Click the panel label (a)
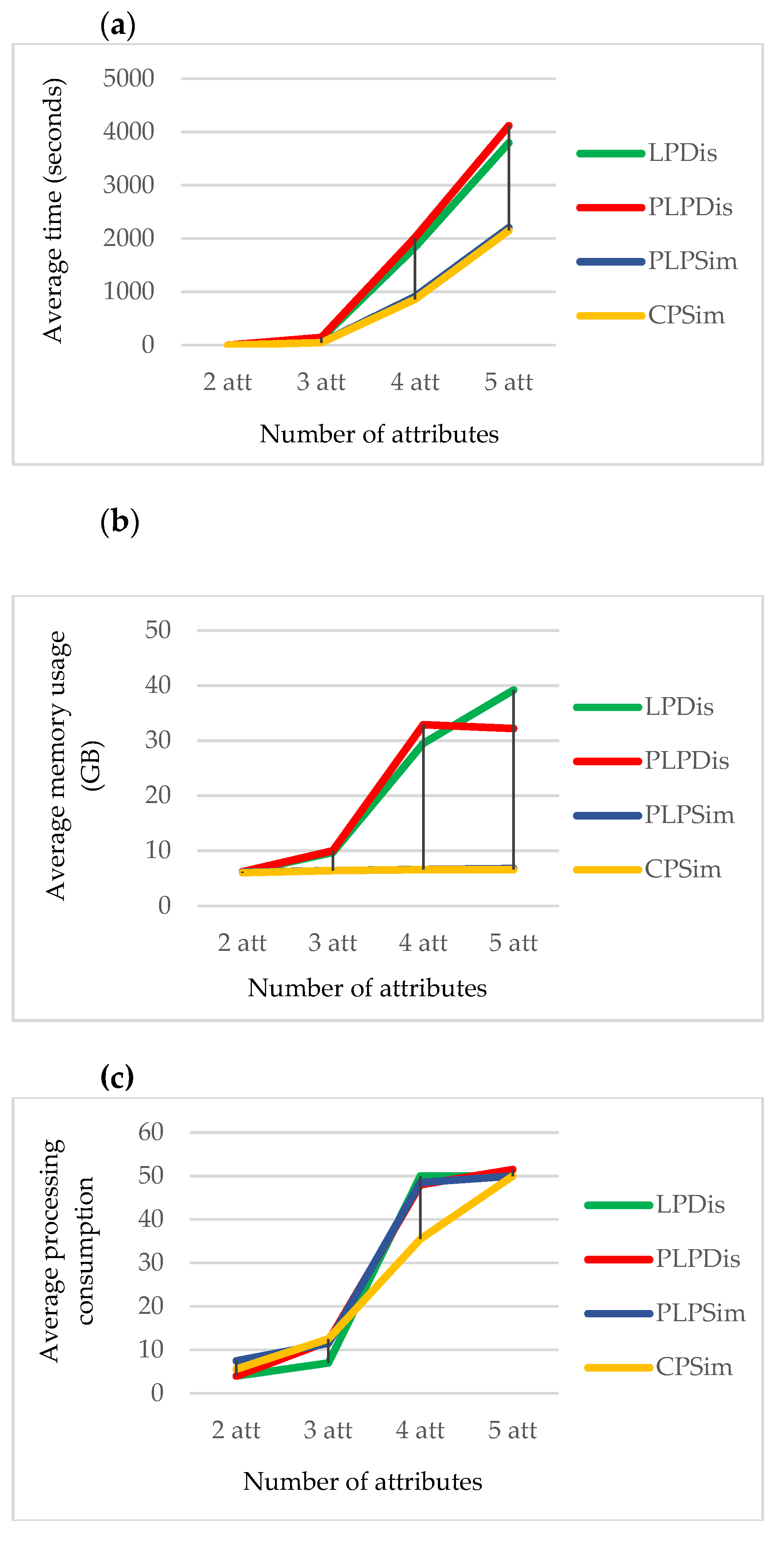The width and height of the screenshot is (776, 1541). click(x=118, y=26)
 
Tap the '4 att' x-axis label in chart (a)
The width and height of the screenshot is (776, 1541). click(x=415, y=381)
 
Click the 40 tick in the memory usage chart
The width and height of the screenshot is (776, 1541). click(x=158, y=685)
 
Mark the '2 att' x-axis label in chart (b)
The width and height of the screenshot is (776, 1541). click(x=242, y=943)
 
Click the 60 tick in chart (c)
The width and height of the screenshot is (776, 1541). click(x=151, y=1132)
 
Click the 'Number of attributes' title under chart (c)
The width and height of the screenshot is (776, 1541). click(x=362, y=1481)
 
